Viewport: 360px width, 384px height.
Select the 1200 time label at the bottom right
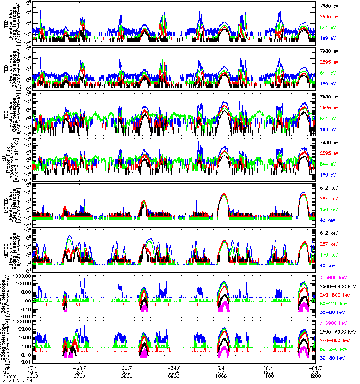[315, 375]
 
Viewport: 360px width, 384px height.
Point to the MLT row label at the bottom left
[7, 371]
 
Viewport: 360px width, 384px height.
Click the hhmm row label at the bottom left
[8, 375]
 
